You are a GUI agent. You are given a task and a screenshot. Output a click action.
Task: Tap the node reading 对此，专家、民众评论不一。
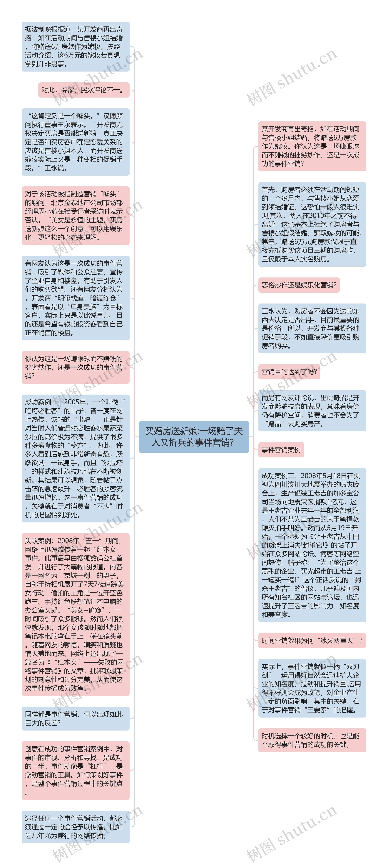pos(84,90)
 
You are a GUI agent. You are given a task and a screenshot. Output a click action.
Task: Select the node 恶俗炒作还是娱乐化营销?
pos(299,285)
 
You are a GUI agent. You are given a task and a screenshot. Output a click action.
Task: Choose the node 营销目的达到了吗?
pos(289,372)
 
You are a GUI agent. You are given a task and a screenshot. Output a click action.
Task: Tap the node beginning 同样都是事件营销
pos(75,718)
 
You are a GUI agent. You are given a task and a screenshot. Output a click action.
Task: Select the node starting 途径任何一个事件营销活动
pos(75,827)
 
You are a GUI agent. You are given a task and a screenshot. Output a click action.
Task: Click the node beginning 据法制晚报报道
pos(75,47)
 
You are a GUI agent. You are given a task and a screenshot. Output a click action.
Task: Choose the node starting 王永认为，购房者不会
pos(312,328)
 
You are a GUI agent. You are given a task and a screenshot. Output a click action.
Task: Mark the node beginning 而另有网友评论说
pos(312,411)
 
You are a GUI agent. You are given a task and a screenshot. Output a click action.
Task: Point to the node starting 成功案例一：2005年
pos(75,458)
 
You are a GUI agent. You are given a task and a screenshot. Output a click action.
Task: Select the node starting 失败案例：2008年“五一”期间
pos(75,614)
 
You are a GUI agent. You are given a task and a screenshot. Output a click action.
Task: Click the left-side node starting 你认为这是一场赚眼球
pos(75,367)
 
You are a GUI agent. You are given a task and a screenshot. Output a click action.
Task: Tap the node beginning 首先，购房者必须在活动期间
pos(312,224)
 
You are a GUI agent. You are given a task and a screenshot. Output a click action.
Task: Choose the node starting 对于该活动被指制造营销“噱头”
pos(75,216)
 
